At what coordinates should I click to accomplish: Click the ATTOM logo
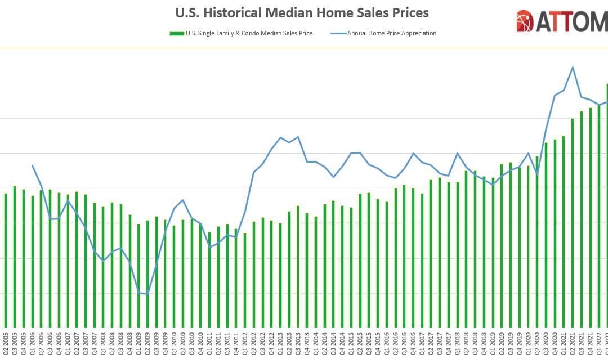tap(561, 21)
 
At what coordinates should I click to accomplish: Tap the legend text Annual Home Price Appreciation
tap(392, 34)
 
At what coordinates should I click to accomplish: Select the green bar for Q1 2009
tap(139, 276)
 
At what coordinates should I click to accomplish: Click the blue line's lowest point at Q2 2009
tap(148, 294)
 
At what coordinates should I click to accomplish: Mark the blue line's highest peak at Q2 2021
tap(573, 67)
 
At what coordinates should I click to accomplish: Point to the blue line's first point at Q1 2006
tap(33, 165)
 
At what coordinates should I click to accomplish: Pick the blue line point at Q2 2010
tap(183, 200)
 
